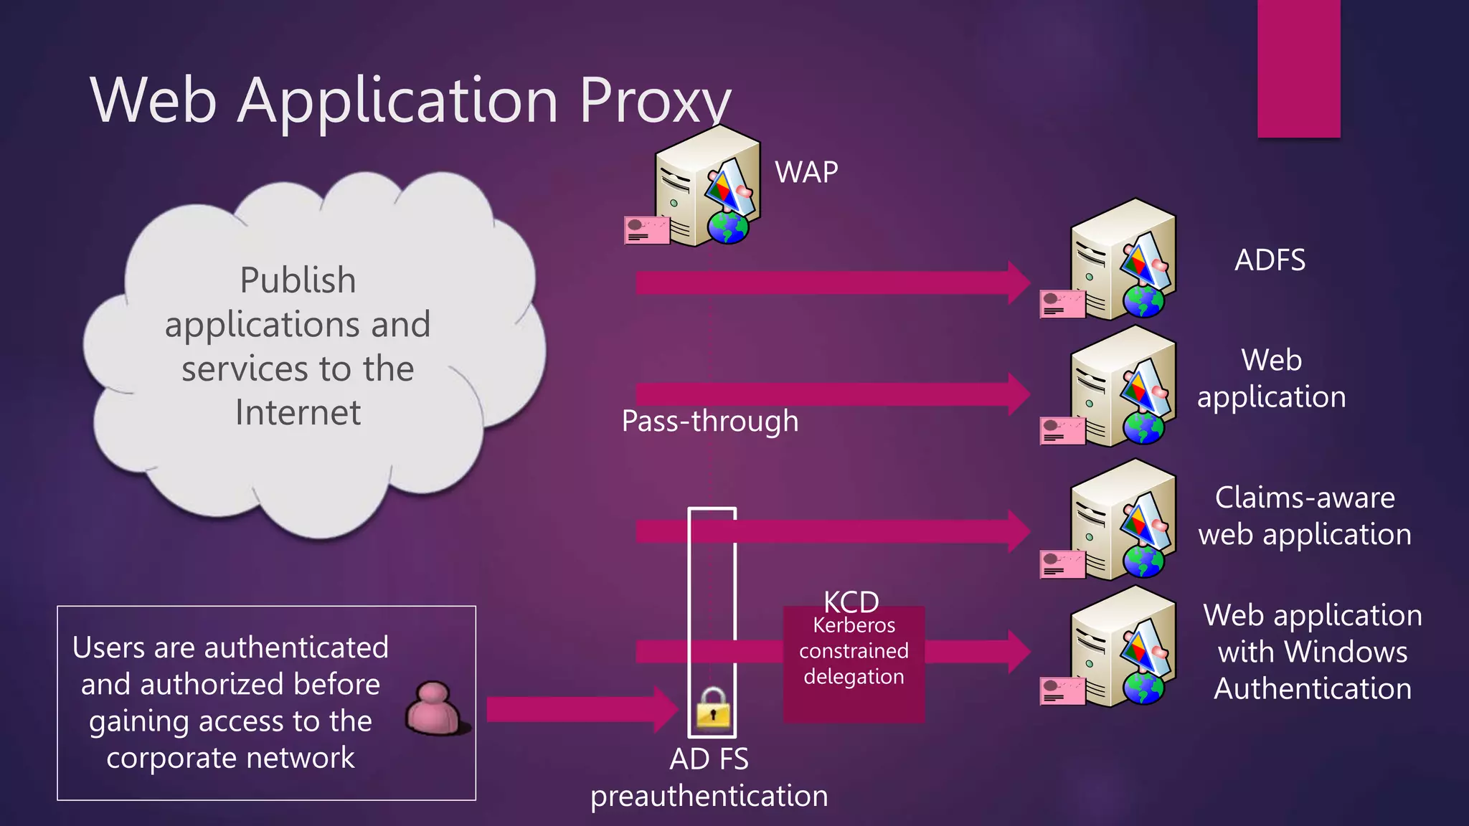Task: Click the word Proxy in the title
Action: (654, 100)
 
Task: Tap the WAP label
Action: (806, 172)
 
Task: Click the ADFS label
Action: (1270, 260)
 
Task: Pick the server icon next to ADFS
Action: (1119, 262)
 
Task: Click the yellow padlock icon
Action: (713, 708)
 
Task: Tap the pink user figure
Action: (435, 708)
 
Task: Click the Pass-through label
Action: (709, 421)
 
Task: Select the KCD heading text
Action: (851, 601)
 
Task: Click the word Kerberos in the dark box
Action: (854, 625)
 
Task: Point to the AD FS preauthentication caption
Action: (709, 778)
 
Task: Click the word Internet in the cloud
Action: (298, 412)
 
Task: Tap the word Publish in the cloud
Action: (298, 280)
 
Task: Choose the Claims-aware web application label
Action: (1304, 516)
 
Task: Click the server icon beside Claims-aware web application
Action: (1119, 522)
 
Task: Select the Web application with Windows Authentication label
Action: (1313, 651)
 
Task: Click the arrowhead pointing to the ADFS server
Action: (1019, 283)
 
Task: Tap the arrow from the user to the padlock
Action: (574, 710)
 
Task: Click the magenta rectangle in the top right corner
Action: (1298, 68)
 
